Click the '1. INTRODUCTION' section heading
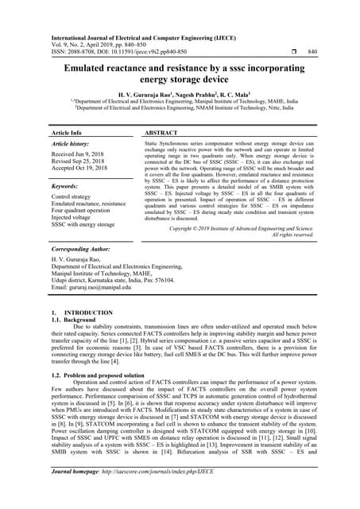[x=76, y=313]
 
